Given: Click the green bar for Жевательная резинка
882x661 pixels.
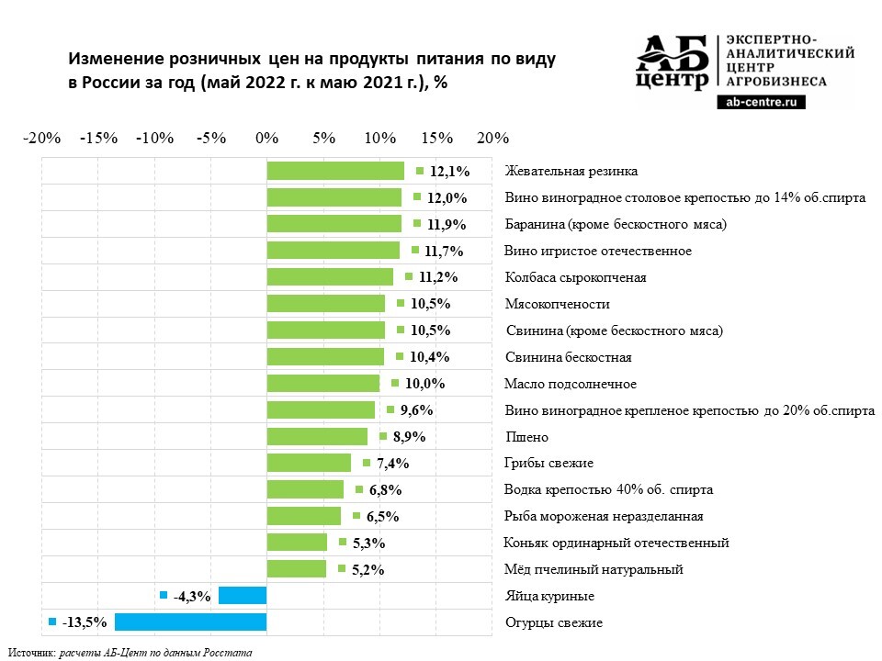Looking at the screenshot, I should [335, 171].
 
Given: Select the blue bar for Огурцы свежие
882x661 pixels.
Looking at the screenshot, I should [190, 622].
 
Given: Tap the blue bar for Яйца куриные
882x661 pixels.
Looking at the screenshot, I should [243, 596].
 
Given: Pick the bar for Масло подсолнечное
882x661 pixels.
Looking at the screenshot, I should [322, 384].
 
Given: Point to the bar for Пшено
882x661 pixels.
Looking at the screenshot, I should [317, 437].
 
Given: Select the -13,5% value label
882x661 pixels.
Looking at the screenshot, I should [85, 623].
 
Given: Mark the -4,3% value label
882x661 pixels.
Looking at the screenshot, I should [192, 597].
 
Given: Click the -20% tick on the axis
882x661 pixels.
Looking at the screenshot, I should [41, 138].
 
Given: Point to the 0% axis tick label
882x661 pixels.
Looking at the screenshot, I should [267, 138].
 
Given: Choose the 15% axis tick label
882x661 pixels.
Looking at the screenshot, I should [437, 138].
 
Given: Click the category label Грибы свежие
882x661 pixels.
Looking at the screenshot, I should [549, 464].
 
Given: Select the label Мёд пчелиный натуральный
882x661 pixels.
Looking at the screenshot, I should [594, 570].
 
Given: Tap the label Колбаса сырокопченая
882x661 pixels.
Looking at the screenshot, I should [576, 277].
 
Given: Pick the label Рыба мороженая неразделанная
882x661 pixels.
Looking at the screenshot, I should [605, 517].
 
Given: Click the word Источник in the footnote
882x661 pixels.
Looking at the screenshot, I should [31, 652].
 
